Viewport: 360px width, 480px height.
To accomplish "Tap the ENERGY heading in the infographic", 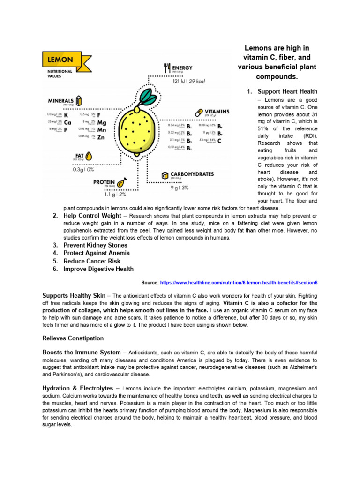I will point(182,68).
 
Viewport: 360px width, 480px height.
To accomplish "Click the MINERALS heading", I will point(60,100).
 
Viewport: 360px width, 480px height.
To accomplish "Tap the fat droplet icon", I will point(89,155).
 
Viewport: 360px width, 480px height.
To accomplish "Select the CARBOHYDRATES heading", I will point(192,174).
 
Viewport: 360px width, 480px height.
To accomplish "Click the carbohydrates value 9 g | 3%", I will point(179,187).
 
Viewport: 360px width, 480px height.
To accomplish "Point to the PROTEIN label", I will point(104,182).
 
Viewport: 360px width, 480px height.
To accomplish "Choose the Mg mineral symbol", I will point(101,122).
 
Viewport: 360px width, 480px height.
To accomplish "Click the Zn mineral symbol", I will point(101,137).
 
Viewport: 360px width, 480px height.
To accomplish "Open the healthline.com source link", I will point(239,283).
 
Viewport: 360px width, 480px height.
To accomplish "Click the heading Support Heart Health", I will point(287,91).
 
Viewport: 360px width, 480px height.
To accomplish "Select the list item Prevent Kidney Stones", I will point(95,245).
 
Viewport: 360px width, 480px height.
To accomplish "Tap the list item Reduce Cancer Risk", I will point(92,261).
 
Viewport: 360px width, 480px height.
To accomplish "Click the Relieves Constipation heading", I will point(73,338).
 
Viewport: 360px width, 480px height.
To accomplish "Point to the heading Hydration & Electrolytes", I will point(77,388).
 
